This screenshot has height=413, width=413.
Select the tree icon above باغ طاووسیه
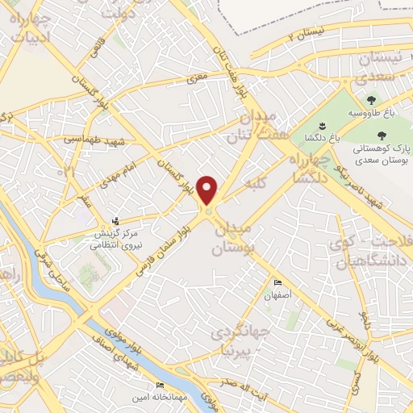tap(371, 101)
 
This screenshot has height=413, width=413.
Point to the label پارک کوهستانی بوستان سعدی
tap(382, 155)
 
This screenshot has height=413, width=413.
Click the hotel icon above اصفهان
tap(277, 283)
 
